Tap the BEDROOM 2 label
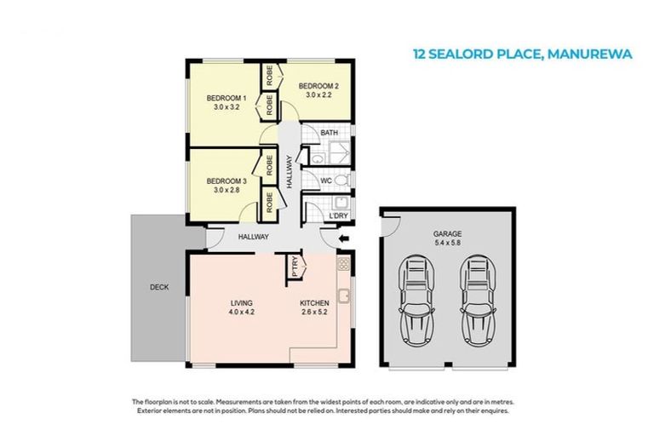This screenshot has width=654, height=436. click(318, 86)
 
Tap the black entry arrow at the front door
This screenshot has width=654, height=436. click(342, 240)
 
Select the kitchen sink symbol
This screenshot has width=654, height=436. click(344, 296)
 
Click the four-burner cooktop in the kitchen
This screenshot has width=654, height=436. click(343, 266)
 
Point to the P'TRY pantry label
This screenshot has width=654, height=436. click(295, 267)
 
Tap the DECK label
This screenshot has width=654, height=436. click(158, 287)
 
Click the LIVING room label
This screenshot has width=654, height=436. click(241, 303)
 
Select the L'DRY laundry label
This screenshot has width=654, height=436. click(337, 216)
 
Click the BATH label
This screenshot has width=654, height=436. click(330, 134)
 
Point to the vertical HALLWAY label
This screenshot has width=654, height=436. click(290, 170)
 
